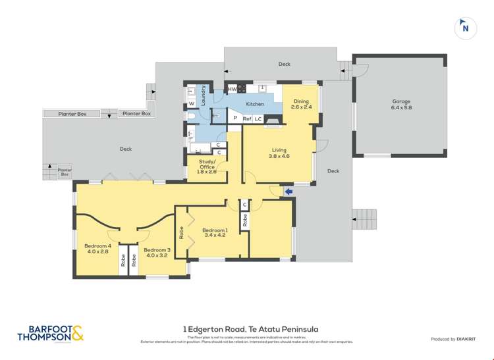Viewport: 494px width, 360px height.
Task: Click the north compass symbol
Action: point(466,28)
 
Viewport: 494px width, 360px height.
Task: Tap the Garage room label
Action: point(401,101)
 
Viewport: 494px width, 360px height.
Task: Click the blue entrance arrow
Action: point(288,192)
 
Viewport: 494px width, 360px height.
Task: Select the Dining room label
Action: point(301,101)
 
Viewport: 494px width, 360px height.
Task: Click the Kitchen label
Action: point(255,104)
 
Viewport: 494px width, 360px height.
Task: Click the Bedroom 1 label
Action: point(215,228)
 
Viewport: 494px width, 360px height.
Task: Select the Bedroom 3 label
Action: point(157,249)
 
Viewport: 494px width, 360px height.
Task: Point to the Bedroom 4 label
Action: point(96,246)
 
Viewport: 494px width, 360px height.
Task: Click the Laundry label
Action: point(204,96)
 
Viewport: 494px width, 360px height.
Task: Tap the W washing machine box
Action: point(192,103)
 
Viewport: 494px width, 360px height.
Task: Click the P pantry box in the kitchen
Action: point(234,118)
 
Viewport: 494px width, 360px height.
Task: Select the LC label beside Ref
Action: point(258,119)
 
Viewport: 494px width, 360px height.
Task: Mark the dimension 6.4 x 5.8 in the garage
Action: point(401,108)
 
